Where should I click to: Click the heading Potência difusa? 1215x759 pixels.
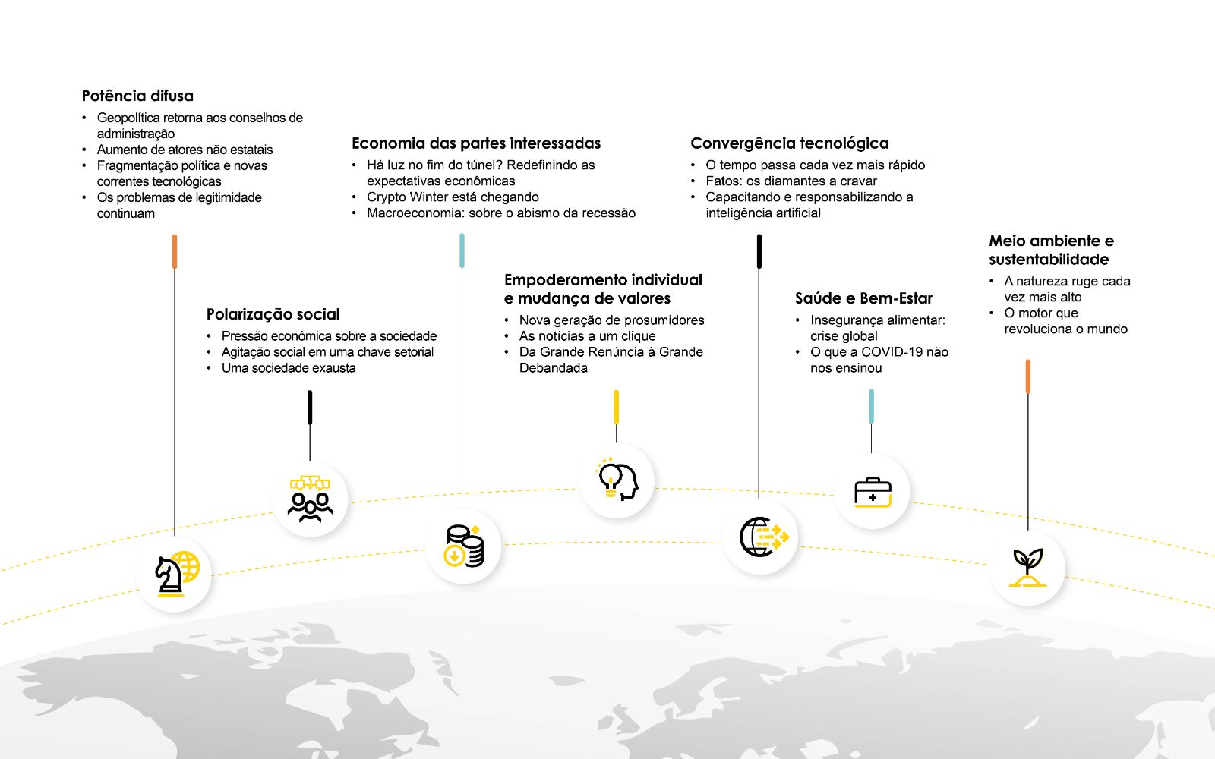[137, 96]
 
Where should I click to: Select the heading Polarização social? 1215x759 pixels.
[273, 314]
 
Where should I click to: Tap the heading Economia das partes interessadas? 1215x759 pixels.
[476, 143]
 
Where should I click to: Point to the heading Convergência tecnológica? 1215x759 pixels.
[789, 143]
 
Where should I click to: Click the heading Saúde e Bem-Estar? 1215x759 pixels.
[863, 298]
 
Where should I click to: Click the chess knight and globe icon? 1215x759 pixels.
[177, 574]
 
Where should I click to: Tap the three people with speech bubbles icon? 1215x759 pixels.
[311, 499]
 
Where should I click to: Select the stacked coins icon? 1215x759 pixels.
[464, 546]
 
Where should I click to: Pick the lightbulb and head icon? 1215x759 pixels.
[617, 480]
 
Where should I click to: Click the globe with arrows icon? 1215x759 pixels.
[763, 537]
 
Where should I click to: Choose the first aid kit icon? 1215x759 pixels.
[873, 493]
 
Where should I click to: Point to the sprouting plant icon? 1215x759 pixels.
[1027, 568]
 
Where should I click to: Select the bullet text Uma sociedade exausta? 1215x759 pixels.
[289, 368]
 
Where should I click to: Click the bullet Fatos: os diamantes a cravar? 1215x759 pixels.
[791, 181]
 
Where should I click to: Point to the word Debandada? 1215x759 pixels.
[554, 368]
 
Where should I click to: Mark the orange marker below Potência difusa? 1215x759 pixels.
[175, 251]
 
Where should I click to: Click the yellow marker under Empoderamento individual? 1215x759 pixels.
[616, 407]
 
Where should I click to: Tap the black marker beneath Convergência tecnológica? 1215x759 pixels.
[759, 251]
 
